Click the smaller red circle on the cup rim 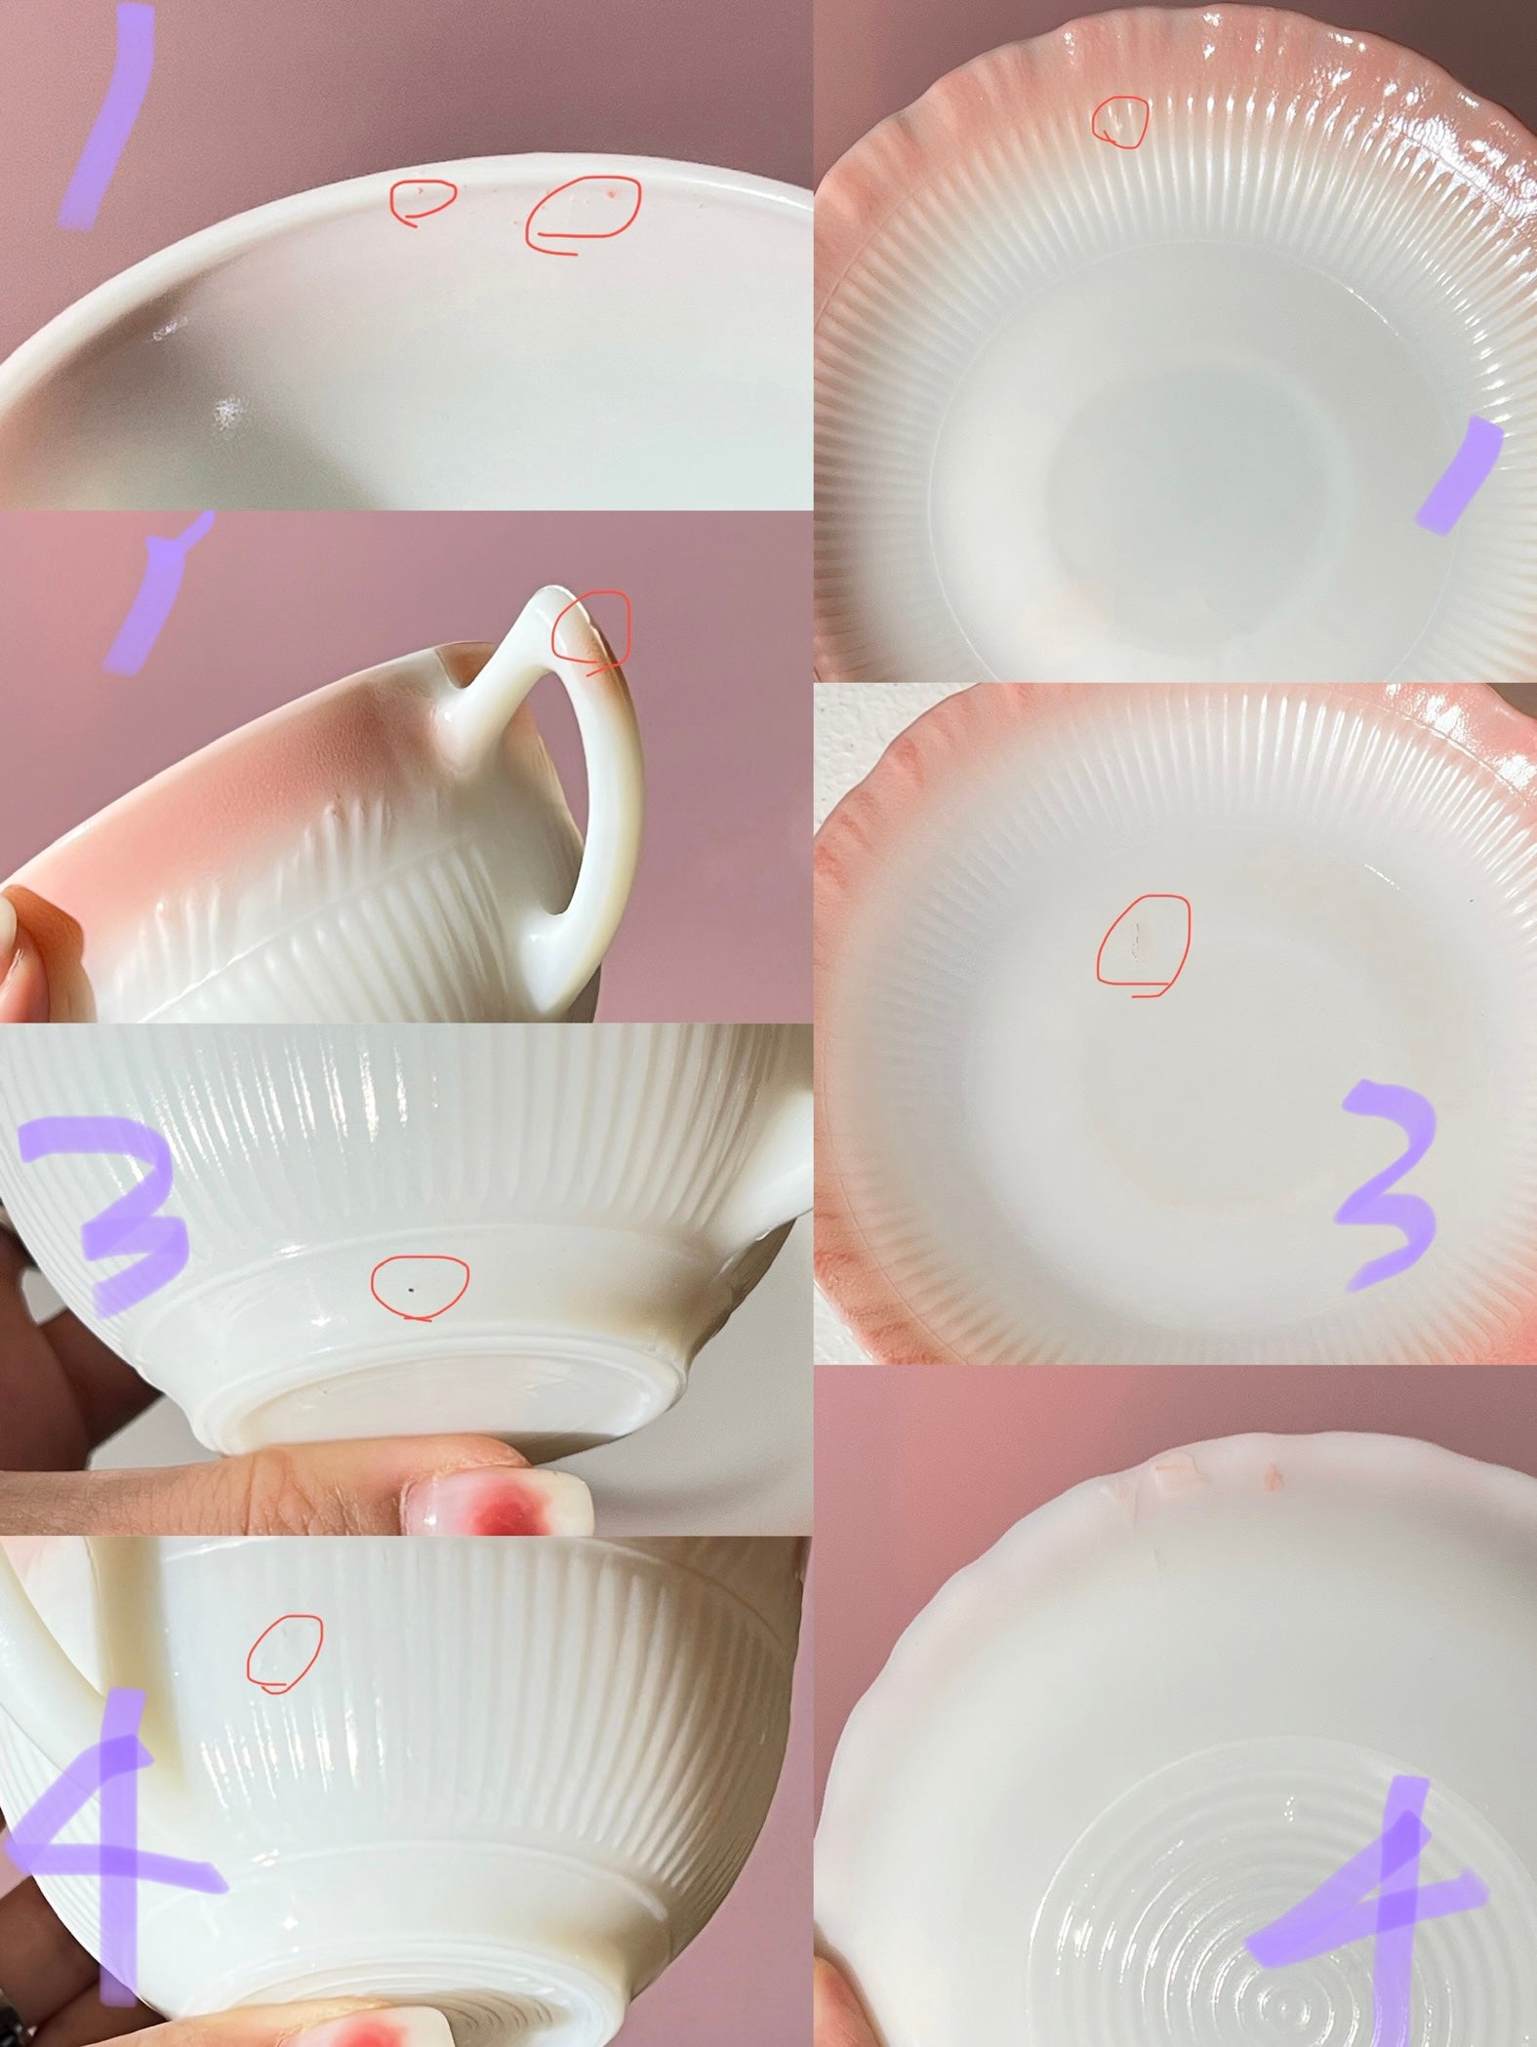[x=423, y=200]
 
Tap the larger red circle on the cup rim [x=583, y=212]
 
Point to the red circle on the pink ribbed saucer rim [x=1118, y=122]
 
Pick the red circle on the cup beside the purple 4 [x=284, y=1652]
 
